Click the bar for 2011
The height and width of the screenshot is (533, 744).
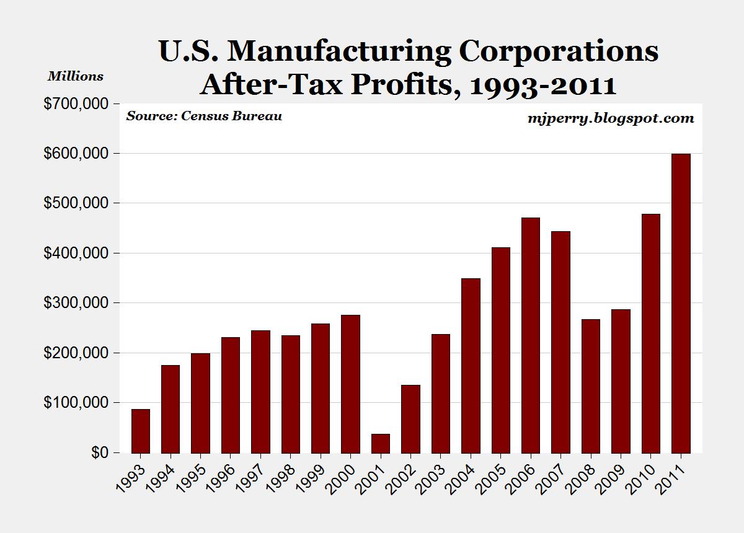pyautogui.click(x=681, y=303)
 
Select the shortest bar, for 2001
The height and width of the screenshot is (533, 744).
pyautogui.click(x=381, y=443)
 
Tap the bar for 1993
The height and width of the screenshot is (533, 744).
pyautogui.click(x=141, y=431)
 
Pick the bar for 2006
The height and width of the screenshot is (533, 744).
pyautogui.click(x=531, y=335)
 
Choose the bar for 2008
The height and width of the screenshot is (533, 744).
pyautogui.click(x=591, y=386)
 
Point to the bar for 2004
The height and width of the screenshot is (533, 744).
pyautogui.click(x=471, y=366)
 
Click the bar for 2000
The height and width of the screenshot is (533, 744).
pyautogui.click(x=350, y=384)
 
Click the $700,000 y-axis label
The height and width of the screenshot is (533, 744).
pyautogui.click(x=74, y=104)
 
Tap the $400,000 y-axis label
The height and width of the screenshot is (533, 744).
pyautogui.click(x=74, y=253)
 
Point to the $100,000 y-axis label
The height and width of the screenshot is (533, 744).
pyautogui.click(x=74, y=403)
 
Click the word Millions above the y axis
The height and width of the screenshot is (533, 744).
pyautogui.click(x=76, y=77)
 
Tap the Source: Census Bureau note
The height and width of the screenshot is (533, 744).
pyautogui.click(x=204, y=116)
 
